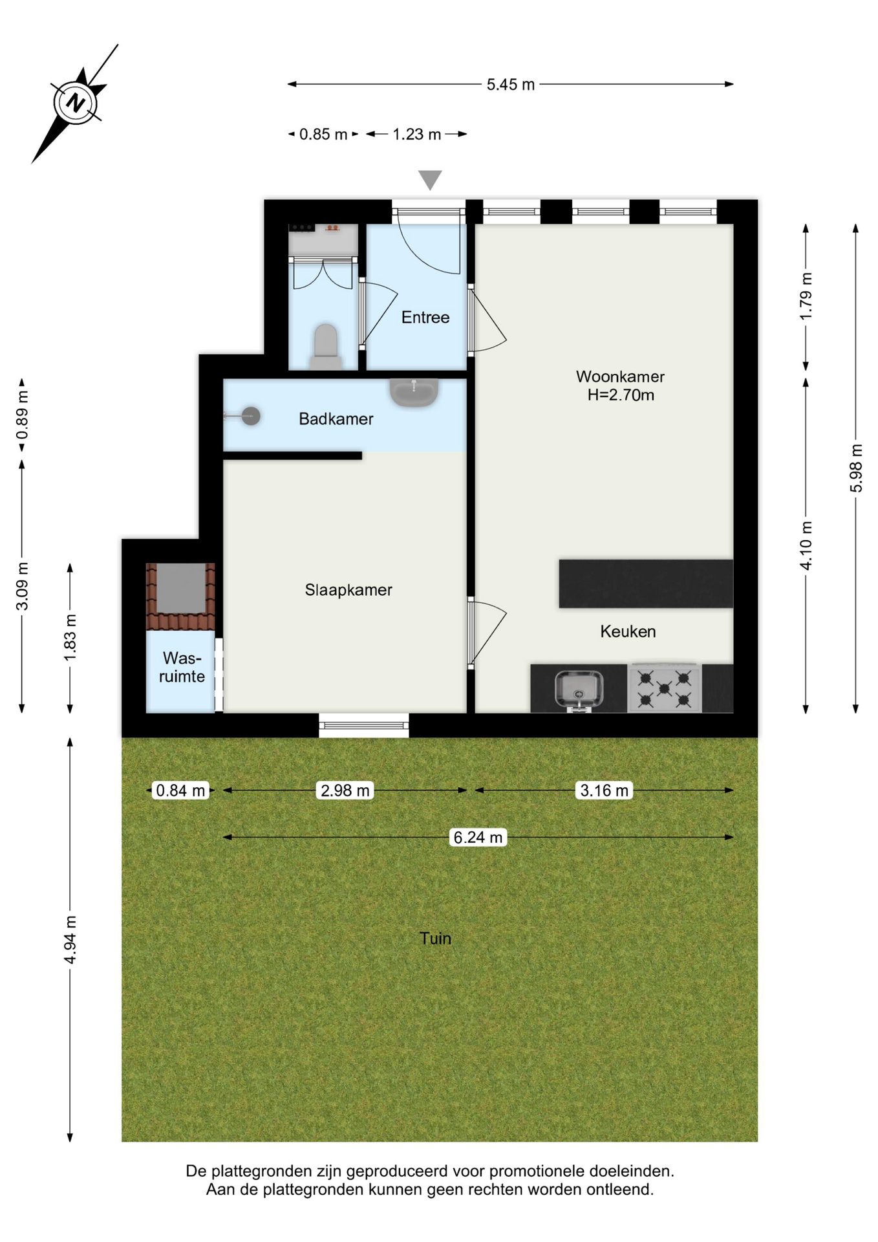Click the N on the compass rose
76,102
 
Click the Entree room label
425,317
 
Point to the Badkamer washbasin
414,392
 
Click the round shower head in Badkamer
251,416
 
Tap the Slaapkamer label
348,590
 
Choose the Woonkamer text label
620,376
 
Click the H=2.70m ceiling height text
621,395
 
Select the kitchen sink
579,690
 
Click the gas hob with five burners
664,688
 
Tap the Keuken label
628,631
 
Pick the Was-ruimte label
182,667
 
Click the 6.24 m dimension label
478,838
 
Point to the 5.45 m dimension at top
511,85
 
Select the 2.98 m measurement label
345,790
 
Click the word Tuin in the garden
435,939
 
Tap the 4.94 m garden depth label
70,940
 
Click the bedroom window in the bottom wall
364,725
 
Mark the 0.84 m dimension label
180,790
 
